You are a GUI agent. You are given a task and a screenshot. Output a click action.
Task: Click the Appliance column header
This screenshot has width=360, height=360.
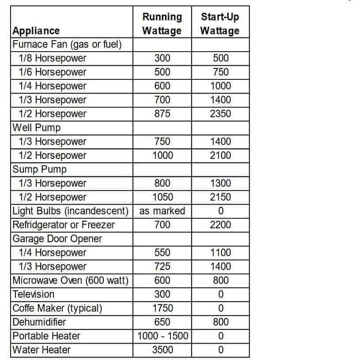[x=36, y=31]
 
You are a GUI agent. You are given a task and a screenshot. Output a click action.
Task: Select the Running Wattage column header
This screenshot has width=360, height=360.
[x=162, y=24]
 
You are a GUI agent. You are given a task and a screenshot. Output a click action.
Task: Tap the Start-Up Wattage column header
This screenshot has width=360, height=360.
[x=220, y=24]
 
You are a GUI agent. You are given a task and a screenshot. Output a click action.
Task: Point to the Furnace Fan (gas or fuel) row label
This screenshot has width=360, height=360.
[x=67, y=45]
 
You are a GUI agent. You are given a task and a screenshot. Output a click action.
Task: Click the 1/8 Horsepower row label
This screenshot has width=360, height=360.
[x=52, y=58]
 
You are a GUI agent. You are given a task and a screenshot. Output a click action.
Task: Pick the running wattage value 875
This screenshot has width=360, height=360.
[x=162, y=114]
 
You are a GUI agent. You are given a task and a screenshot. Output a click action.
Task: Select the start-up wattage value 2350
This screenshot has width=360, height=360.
[x=221, y=114]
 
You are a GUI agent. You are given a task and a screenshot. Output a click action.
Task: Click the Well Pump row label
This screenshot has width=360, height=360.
[x=37, y=128]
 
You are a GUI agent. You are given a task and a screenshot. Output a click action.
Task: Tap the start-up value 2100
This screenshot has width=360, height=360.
[x=221, y=155]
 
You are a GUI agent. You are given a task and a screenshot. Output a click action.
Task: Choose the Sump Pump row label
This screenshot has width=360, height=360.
[x=39, y=169]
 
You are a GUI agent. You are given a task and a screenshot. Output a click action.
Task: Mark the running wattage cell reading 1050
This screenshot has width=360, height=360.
[x=162, y=197]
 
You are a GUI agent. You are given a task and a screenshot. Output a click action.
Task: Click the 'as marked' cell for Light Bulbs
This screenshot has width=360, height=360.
[x=162, y=211]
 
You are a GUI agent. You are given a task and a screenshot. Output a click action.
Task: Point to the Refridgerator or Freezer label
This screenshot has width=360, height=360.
[x=64, y=225]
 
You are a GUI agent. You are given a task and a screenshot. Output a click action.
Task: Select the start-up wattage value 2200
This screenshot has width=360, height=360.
[x=221, y=225]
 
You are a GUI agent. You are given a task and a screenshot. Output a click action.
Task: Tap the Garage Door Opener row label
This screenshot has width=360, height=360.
[x=57, y=239]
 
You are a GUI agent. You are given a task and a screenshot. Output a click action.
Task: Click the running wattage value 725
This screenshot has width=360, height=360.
[x=162, y=266]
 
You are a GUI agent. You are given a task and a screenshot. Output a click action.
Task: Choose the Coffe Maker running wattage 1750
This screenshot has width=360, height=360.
[x=162, y=308]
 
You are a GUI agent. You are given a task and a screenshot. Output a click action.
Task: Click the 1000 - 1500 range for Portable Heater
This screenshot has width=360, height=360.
[x=162, y=336]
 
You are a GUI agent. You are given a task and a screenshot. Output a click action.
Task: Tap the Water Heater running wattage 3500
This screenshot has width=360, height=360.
[x=162, y=350]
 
